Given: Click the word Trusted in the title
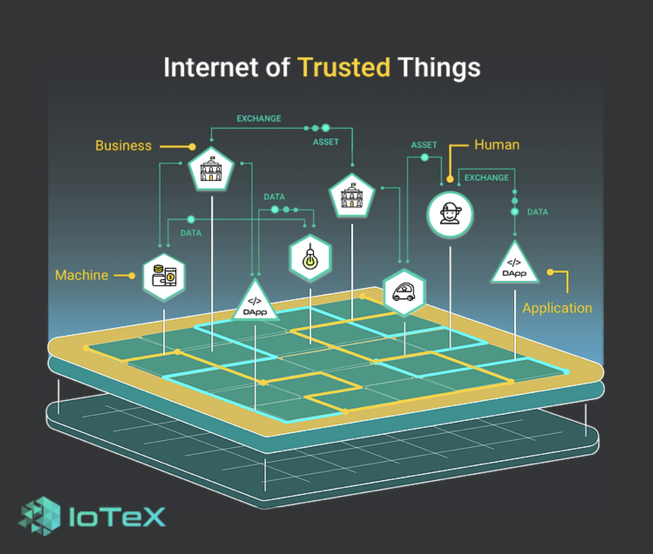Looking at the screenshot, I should (x=344, y=68).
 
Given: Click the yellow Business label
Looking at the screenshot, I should (x=124, y=146).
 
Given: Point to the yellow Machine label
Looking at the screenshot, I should (x=82, y=275).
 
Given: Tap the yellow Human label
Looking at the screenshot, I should (x=497, y=145).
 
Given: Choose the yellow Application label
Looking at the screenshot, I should (x=557, y=308).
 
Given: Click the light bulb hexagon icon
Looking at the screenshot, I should (x=310, y=259).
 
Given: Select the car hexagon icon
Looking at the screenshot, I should (x=404, y=292).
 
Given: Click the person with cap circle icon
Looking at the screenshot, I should (x=450, y=214).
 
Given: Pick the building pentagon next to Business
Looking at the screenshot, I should (x=211, y=170).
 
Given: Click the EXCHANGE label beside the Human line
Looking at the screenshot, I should (x=487, y=178).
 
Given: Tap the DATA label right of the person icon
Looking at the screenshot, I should (x=538, y=212).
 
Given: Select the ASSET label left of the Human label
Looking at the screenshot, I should (x=424, y=145).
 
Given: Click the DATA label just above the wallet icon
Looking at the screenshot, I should (x=191, y=233).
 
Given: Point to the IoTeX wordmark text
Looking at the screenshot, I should (x=117, y=517).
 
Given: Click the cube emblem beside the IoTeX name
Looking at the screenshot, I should (x=40, y=516).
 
